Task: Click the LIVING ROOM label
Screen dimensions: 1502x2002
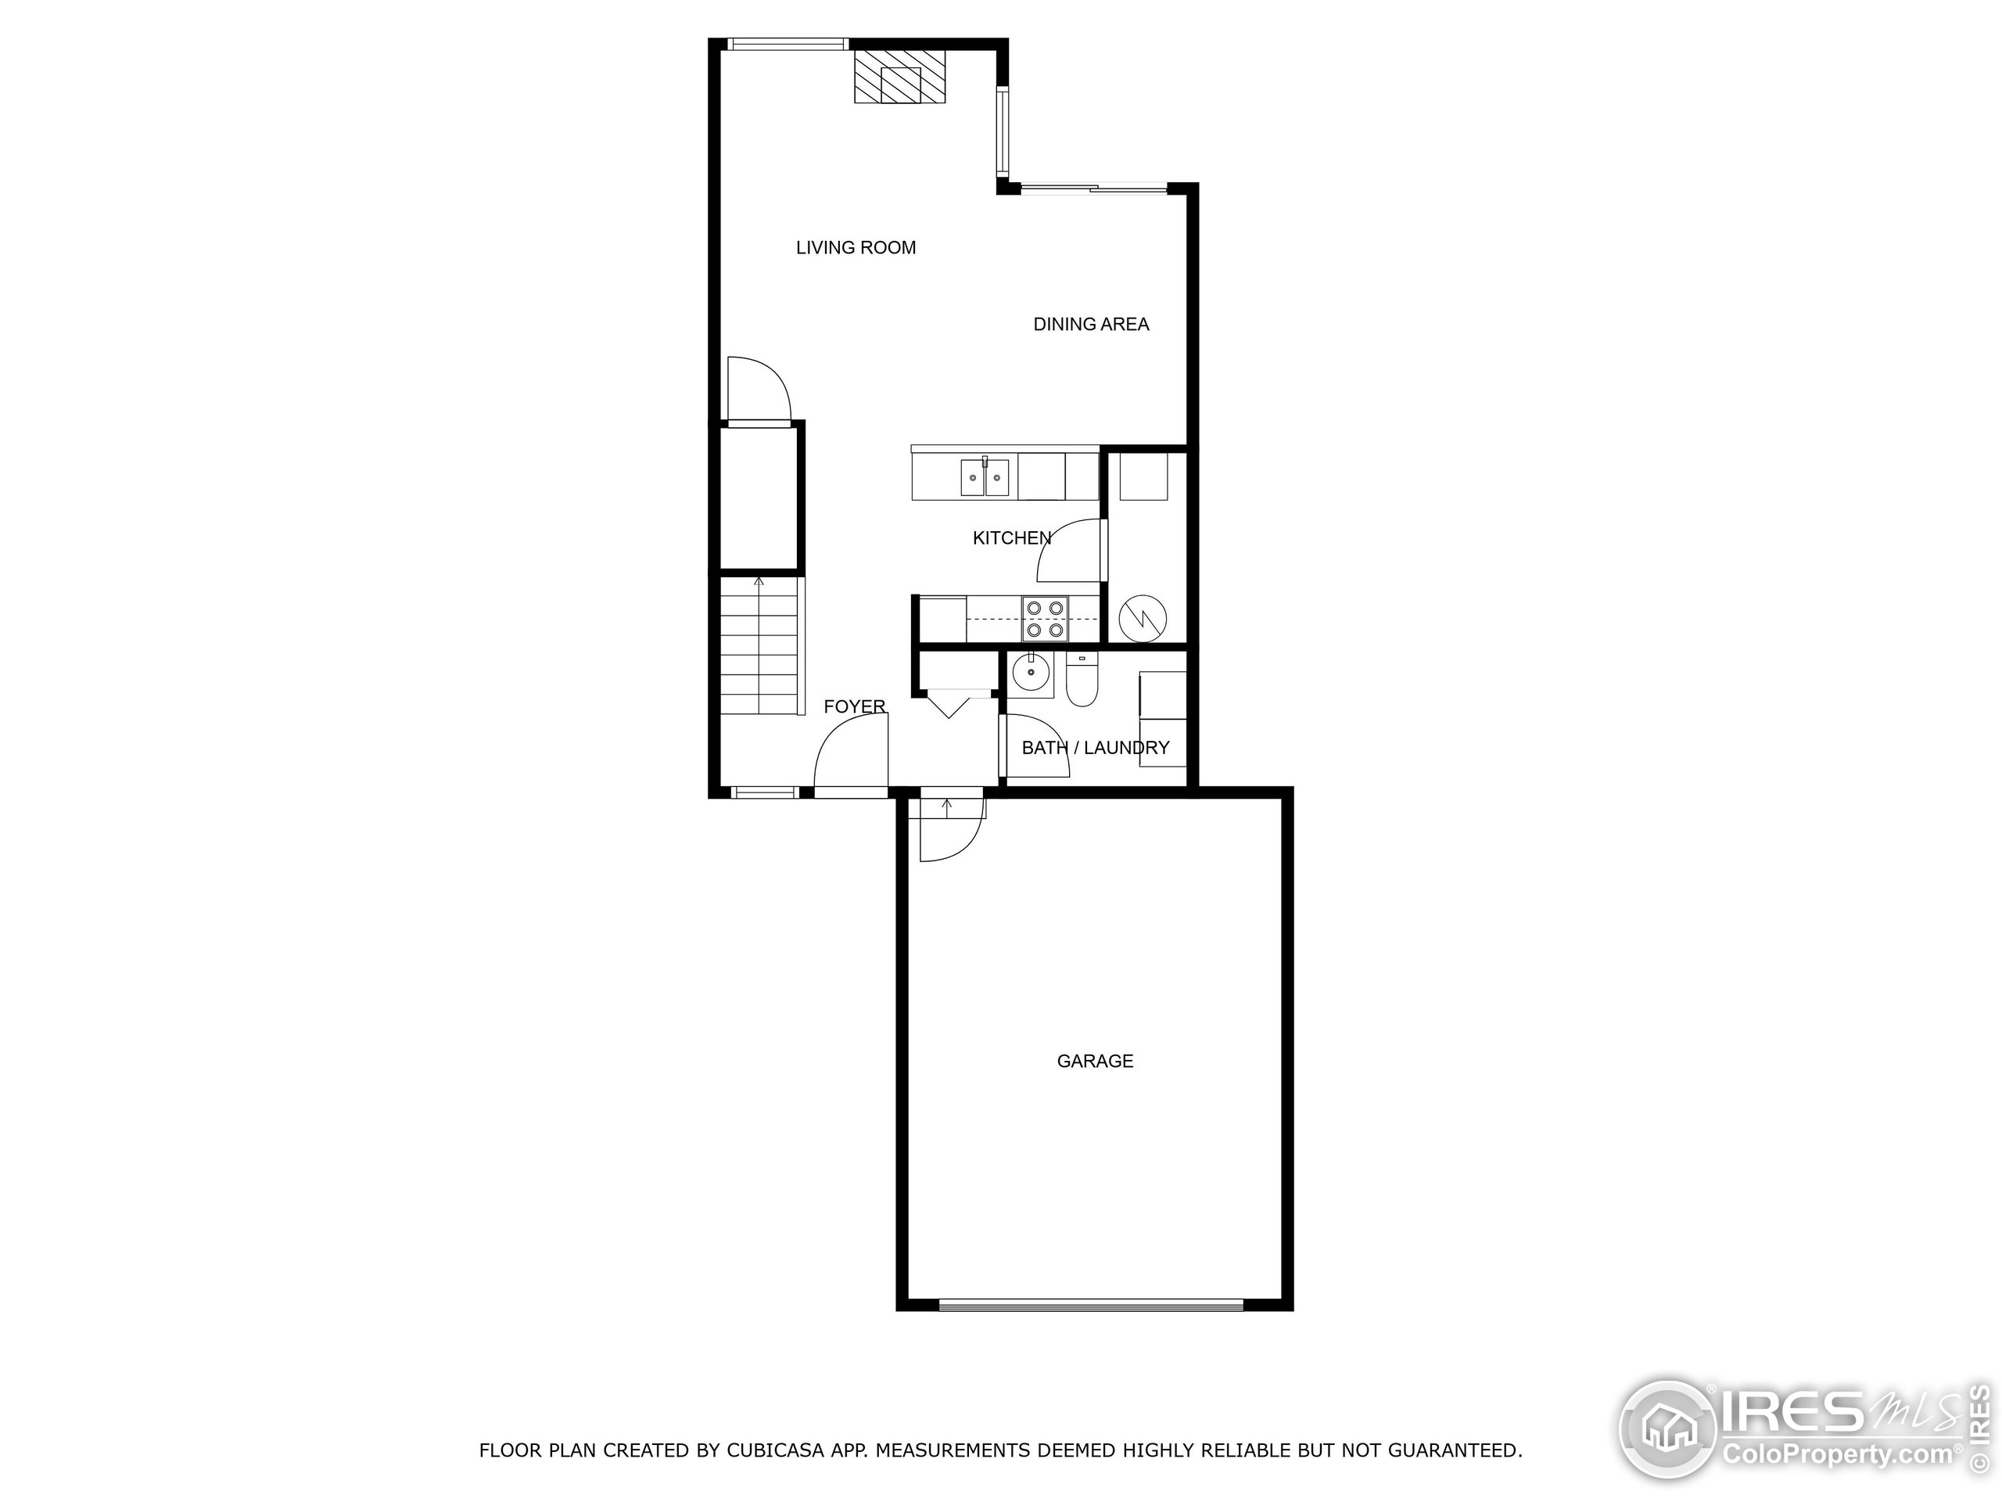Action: (856, 248)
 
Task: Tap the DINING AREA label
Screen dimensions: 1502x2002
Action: (1091, 324)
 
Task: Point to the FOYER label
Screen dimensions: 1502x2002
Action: (853, 707)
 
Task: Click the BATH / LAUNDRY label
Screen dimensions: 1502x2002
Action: (1095, 748)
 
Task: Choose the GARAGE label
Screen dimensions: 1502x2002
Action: (1094, 1061)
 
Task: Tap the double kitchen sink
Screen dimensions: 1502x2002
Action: (984, 478)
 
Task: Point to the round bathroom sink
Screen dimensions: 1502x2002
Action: (1030, 674)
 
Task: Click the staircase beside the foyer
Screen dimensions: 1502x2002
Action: (760, 647)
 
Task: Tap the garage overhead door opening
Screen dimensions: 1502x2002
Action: (1091, 1305)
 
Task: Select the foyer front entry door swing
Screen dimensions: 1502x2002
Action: (849, 753)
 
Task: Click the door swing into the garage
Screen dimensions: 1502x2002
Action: (950, 828)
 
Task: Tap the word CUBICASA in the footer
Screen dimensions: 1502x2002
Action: (775, 1450)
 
